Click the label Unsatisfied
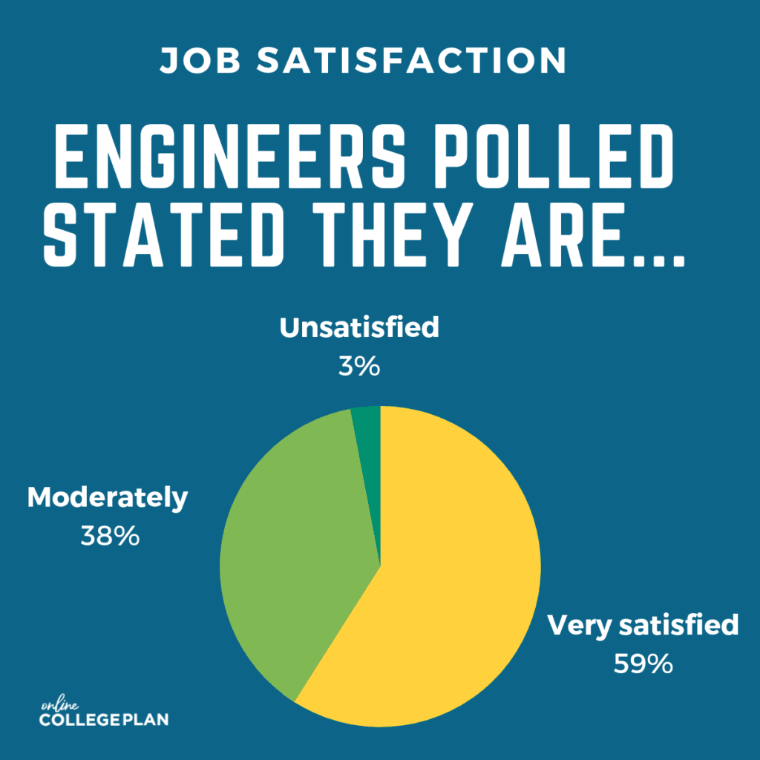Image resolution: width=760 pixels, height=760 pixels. (x=359, y=327)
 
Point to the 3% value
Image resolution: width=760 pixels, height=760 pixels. (x=359, y=365)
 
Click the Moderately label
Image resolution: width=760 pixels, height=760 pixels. (x=108, y=497)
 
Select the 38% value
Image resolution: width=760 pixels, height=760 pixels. (x=110, y=536)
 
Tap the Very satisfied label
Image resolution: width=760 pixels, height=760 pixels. (x=643, y=625)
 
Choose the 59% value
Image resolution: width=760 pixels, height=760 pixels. (x=643, y=663)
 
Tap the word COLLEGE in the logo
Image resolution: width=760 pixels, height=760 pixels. (x=80, y=719)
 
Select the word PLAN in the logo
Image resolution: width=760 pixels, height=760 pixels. (x=145, y=719)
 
